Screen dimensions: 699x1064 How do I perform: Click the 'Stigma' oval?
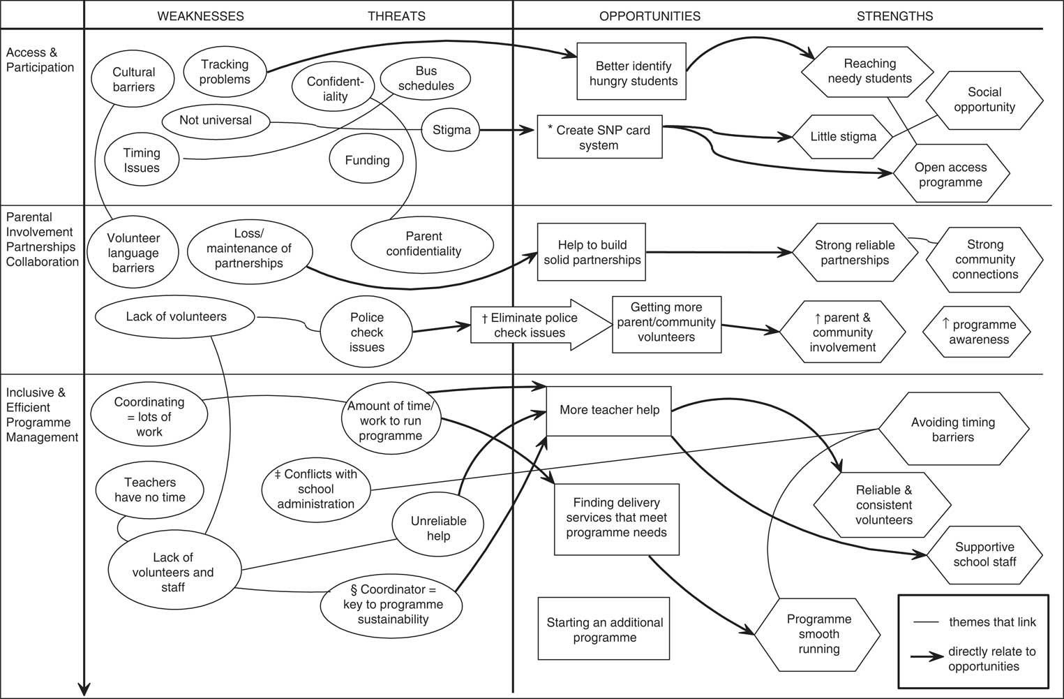pos(451,130)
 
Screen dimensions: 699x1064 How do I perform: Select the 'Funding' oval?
pos(367,160)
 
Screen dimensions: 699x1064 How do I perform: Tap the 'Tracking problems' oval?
pos(225,72)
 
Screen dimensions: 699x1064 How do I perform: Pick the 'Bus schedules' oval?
pos(426,78)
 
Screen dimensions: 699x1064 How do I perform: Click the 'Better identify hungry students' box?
pos(633,73)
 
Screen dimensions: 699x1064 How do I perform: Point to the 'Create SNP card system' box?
pos(599,137)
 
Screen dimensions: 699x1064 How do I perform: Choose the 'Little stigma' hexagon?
pos(843,137)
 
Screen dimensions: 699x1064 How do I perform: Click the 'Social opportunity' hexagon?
pos(984,100)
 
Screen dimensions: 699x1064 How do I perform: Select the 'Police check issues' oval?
pos(367,332)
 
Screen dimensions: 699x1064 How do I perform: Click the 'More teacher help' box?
pos(609,410)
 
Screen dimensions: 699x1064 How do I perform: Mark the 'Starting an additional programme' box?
pos(604,629)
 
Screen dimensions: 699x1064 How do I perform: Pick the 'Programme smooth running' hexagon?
pos(818,634)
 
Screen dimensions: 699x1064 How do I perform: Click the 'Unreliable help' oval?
pos(438,528)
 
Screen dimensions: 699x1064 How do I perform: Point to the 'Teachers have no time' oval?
pos(150,490)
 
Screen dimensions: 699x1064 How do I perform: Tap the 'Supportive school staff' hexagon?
pos(984,554)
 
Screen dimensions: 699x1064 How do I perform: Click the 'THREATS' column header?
pos(396,16)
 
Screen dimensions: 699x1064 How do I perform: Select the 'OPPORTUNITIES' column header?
pos(650,16)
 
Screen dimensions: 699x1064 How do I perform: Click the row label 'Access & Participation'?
pos(40,60)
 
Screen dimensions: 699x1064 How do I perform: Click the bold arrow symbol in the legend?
pos(927,657)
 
